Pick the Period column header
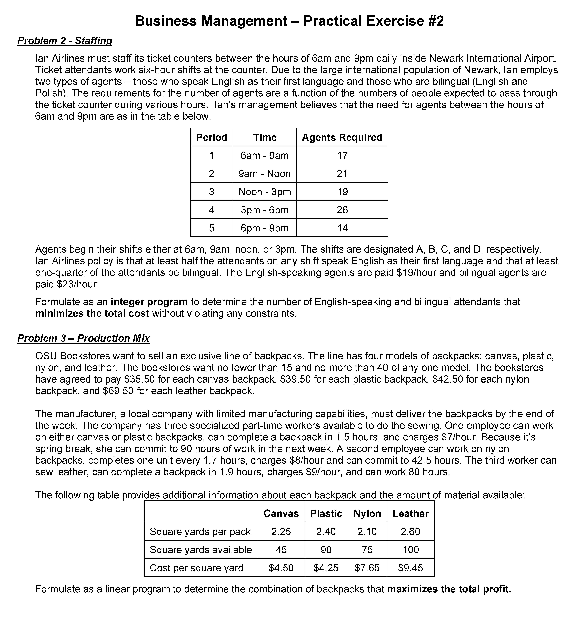212,138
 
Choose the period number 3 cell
212,192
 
